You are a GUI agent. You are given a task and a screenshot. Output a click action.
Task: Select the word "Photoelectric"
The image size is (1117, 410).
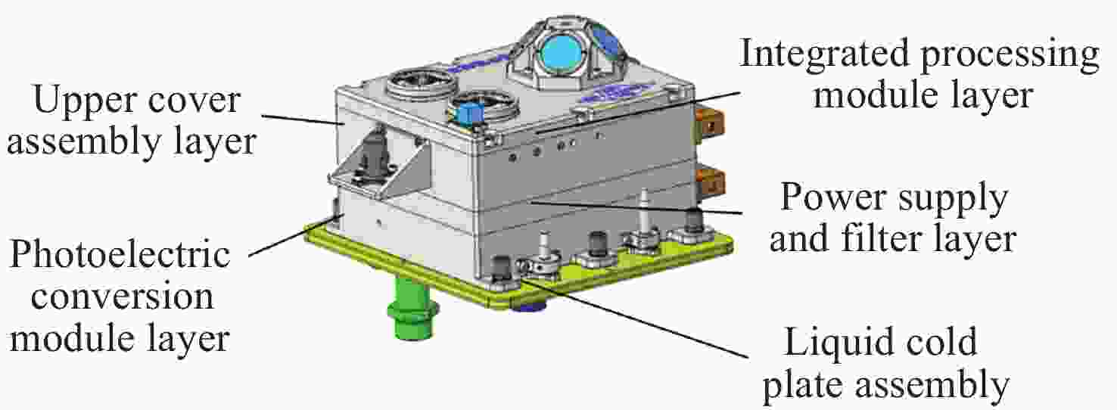(x=120, y=255)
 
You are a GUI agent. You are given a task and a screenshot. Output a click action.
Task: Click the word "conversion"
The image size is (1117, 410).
(x=122, y=298)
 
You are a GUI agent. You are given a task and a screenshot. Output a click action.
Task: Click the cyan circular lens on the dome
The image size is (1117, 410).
(x=561, y=53)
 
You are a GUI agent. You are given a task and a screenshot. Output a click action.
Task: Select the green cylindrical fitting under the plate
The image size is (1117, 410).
(x=412, y=309)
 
